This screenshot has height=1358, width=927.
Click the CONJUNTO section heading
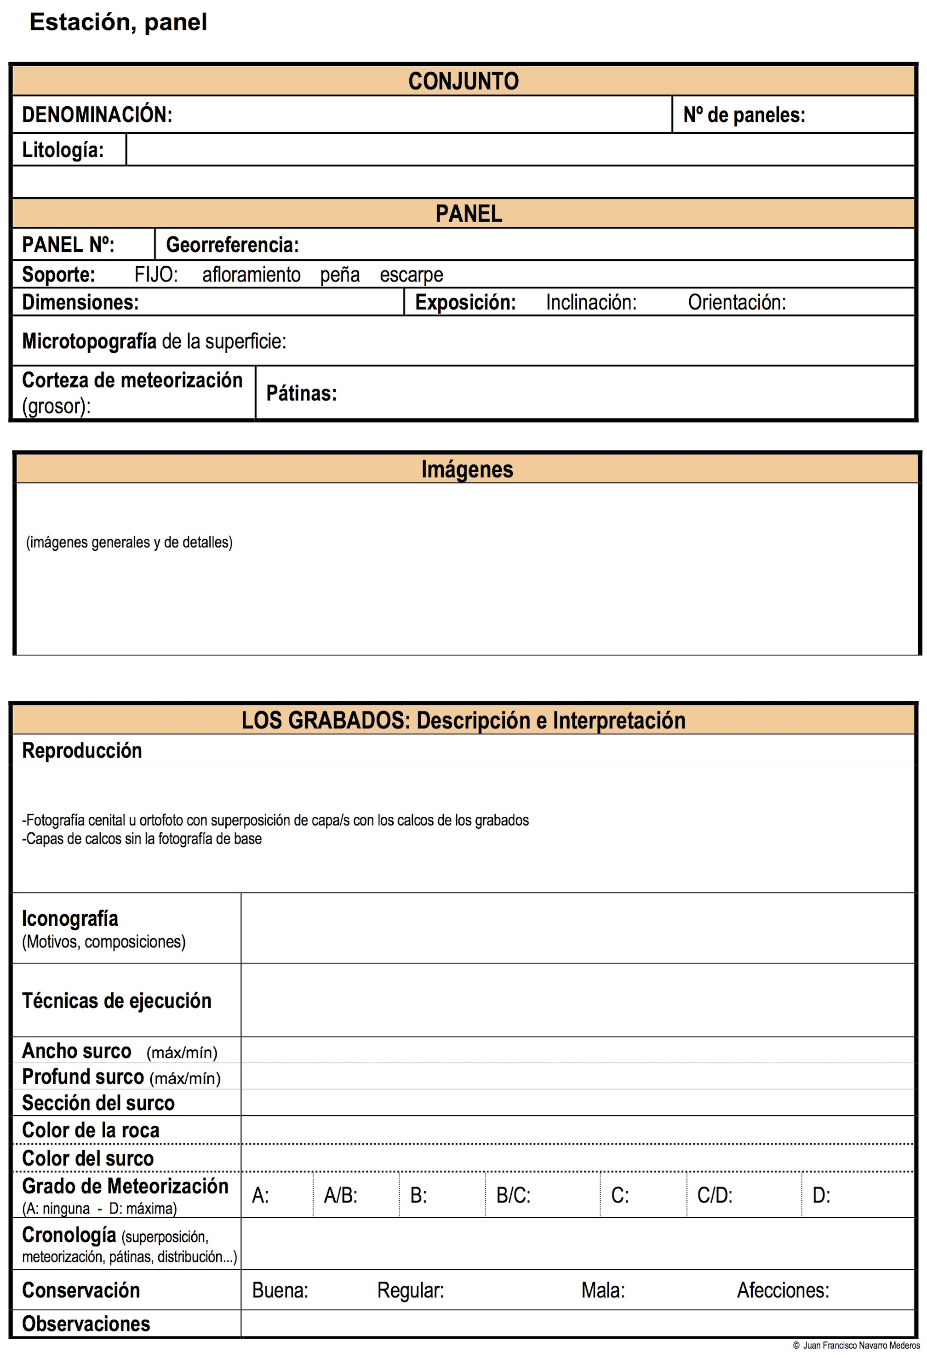point(463,81)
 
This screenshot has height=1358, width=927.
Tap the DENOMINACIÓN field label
point(97,115)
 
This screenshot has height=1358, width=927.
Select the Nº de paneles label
point(744,115)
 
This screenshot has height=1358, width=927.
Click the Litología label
point(63,150)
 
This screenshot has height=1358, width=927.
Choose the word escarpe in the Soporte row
point(411,275)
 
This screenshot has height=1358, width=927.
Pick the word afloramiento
point(251,275)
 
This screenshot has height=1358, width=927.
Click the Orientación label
point(737,302)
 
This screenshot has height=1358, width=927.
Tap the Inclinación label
point(591,302)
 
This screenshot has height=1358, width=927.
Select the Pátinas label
point(301,393)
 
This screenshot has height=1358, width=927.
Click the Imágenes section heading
point(467,469)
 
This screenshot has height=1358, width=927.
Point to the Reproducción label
point(82,751)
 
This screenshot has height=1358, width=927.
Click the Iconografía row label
point(70,918)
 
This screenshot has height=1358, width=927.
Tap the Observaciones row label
point(86,1324)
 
